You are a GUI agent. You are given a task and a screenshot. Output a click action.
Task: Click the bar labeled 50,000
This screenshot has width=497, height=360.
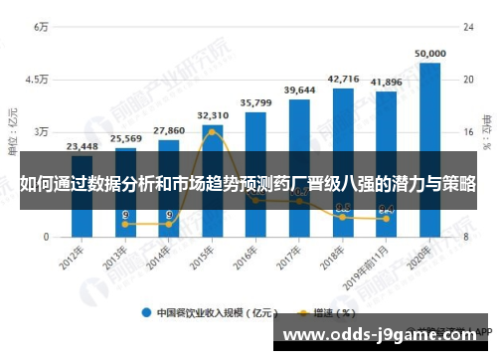[x=429, y=149]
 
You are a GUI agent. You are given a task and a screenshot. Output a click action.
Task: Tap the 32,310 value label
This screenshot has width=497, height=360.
[x=212, y=115]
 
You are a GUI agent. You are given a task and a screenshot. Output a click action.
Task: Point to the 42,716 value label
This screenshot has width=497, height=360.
[x=343, y=79]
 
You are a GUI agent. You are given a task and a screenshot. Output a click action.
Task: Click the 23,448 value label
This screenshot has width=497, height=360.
[x=82, y=146]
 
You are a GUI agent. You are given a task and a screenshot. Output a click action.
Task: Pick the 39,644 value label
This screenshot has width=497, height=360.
[x=299, y=90]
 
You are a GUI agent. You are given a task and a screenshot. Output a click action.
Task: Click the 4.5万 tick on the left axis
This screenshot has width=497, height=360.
[x=36, y=80]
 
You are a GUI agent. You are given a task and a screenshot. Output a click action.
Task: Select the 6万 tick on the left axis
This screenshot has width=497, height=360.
[x=41, y=27]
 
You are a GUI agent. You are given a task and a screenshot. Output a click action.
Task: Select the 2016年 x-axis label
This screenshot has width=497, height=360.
[x=249, y=258]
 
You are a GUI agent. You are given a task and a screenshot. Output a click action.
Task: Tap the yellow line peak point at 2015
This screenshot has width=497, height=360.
[x=212, y=132]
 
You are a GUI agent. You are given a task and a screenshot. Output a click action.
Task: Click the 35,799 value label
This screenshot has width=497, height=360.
[x=255, y=102]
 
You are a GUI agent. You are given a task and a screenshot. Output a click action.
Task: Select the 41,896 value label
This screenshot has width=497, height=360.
[x=386, y=82]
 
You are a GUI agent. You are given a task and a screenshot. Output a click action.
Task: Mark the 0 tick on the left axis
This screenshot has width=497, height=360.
[x=45, y=237]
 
